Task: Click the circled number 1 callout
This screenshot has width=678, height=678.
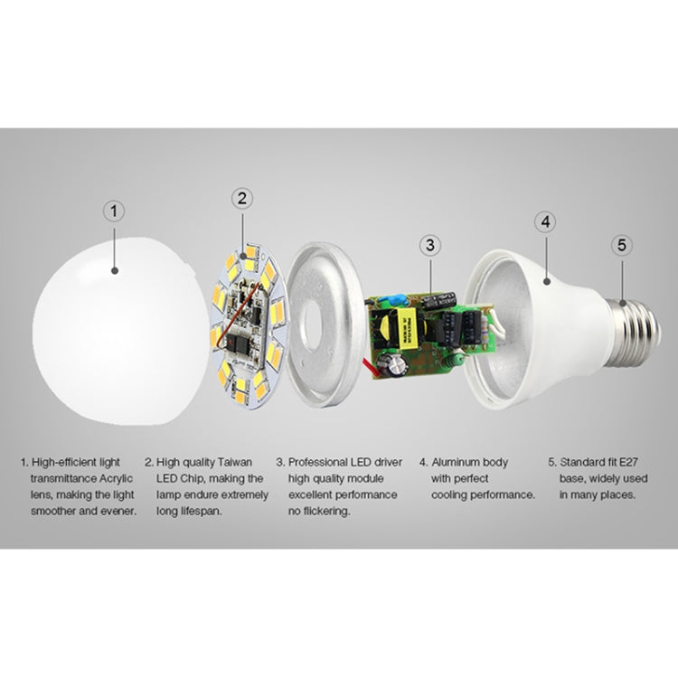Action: click(114, 212)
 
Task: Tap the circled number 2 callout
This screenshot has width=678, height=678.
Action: click(241, 198)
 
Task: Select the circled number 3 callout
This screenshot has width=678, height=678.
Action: click(431, 243)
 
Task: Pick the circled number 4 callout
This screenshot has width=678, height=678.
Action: click(544, 220)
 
